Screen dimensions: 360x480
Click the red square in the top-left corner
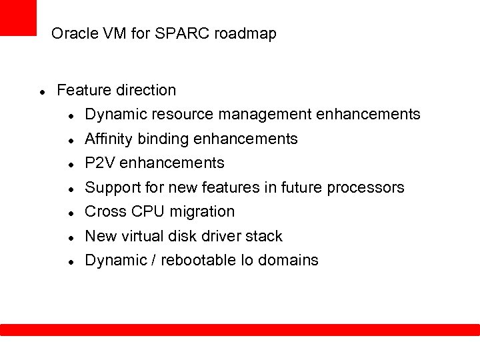pos(18,17)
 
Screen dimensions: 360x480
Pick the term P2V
pos(99,163)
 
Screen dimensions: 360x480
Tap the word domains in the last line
pos(288,260)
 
